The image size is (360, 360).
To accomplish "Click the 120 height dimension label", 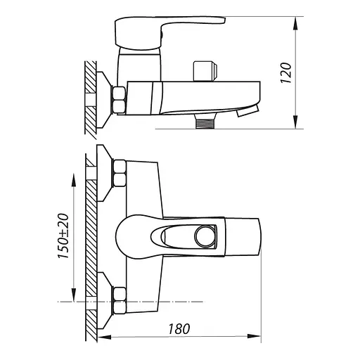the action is pyautogui.click(x=286, y=72).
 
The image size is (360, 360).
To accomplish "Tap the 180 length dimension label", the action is pyautogui.click(x=179, y=329).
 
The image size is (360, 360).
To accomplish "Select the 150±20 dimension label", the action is pyautogui.click(x=63, y=236).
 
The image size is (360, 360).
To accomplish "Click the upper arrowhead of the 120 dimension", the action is pyautogui.click(x=296, y=23).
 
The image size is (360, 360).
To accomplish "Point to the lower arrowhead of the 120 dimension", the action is pyautogui.click(x=296, y=122).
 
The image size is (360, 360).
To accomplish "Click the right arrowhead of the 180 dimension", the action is pyautogui.click(x=254, y=337).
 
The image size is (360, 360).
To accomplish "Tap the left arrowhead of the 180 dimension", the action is pyautogui.click(x=104, y=337).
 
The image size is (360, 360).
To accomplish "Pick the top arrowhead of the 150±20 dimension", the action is pyautogui.click(x=74, y=181).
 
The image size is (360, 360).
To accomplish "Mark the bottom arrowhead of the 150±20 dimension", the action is pyautogui.click(x=74, y=295).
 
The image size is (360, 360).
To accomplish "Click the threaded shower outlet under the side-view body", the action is pyautogui.click(x=205, y=122).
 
